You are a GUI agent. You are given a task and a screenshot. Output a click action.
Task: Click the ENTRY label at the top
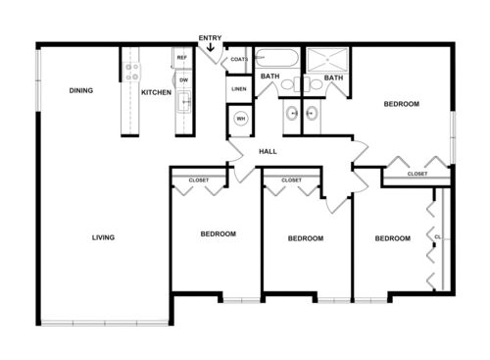click(x=210, y=38)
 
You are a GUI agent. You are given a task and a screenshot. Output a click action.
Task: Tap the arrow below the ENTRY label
click(x=210, y=48)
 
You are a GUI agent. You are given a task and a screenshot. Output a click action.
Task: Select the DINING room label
click(x=81, y=91)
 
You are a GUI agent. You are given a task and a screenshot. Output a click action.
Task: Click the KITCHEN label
click(x=156, y=92)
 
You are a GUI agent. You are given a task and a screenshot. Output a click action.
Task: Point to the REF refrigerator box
click(x=182, y=59)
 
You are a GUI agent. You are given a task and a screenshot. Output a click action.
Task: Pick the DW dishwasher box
click(x=182, y=79)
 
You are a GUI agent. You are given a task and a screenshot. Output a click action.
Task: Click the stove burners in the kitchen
click(x=131, y=72)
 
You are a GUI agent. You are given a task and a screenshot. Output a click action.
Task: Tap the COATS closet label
click(x=239, y=60)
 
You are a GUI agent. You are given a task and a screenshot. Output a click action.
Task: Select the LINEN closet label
click(x=239, y=89)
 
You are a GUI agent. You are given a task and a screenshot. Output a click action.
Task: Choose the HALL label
click(x=268, y=152)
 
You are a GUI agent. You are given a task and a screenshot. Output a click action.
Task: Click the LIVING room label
click(x=103, y=237)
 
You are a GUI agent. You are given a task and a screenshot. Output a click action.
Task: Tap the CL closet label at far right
click(x=436, y=236)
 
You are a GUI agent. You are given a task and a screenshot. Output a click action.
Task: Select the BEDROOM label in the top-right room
click(x=402, y=104)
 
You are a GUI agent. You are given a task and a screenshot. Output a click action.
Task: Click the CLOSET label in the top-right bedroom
click(x=417, y=174)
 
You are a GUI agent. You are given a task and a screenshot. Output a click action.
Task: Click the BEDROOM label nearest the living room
click(x=218, y=233)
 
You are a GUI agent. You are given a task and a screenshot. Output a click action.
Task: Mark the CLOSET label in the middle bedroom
click(x=291, y=180)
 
